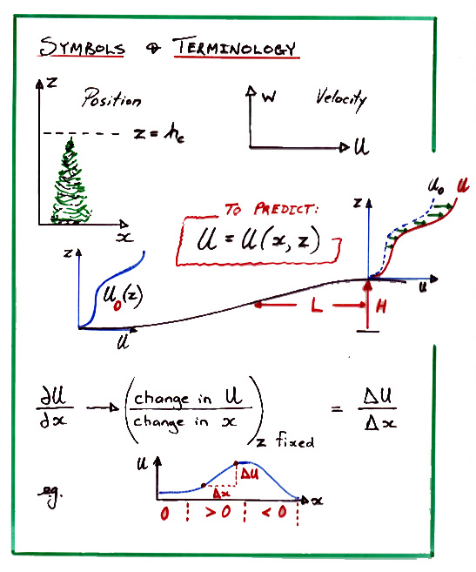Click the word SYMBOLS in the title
[82, 47]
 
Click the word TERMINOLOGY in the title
[236, 47]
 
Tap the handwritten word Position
[111, 98]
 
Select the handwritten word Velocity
[341, 98]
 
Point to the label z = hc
[159, 133]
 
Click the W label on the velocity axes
[269, 97]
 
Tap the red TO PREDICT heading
[271, 210]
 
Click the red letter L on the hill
[317, 305]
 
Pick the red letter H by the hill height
[381, 306]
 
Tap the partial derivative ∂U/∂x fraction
[55, 407]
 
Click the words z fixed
[285, 440]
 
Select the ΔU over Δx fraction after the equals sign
[379, 407]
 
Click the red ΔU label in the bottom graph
[250, 474]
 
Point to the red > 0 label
[218, 512]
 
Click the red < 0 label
[274, 512]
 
